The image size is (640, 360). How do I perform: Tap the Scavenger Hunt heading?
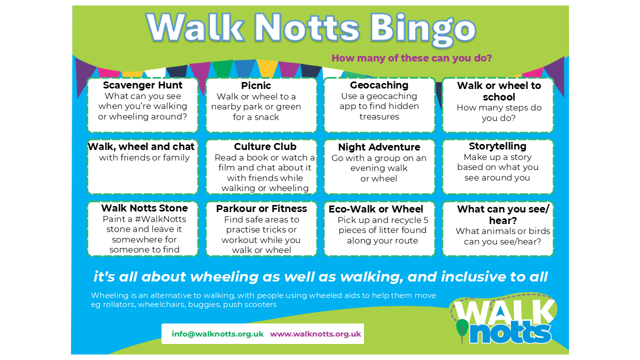[142, 85]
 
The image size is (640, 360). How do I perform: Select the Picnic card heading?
[256, 85]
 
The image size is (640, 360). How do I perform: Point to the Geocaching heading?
[379, 85]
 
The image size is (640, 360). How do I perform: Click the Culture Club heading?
[265, 146]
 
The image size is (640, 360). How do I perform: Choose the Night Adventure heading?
[379, 147]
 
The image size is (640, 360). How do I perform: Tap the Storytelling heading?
[497, 146]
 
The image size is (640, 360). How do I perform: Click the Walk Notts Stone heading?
[144, 208]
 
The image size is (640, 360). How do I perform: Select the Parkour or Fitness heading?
[261, 208]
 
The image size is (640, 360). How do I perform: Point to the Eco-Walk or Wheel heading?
[375, 209]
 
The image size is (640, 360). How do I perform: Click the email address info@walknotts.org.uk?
[217, 334]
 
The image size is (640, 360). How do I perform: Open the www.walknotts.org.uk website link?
[315, 334]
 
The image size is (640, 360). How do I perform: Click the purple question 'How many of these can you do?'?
[411, 58]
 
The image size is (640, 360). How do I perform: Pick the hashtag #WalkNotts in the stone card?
[160, 219]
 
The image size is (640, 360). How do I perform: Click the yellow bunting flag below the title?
[266, 67]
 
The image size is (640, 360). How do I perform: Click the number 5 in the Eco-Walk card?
[425, 220]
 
